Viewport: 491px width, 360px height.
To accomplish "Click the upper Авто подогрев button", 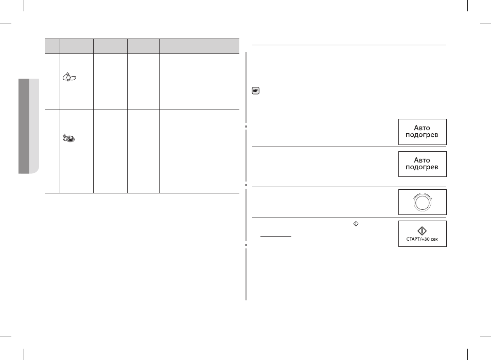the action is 422,132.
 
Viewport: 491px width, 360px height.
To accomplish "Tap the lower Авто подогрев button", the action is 422,164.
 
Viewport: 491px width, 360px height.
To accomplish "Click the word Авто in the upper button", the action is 422,128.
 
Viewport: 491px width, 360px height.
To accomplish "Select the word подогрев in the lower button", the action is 422,167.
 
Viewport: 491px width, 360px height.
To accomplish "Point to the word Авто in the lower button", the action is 422,160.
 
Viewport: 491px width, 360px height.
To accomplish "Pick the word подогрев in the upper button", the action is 422,135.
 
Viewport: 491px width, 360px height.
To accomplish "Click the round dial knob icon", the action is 422,202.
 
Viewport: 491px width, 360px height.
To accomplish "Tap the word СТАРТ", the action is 413,239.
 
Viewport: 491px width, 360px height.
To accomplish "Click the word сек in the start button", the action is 434,239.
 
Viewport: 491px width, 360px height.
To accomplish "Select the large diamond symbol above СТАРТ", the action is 422,231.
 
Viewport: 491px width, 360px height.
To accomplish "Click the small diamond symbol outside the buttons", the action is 356,224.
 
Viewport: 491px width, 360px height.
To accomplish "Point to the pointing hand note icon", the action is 255,91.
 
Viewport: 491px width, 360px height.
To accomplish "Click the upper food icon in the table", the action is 69,77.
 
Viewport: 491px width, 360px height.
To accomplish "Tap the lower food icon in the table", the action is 69,138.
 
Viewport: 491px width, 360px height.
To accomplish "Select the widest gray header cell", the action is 199,46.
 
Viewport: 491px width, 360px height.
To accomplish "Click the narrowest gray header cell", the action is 52,46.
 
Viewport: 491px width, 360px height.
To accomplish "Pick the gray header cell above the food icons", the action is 77,46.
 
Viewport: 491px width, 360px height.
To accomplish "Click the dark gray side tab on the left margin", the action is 24,126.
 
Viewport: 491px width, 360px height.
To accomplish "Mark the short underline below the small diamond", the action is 276,236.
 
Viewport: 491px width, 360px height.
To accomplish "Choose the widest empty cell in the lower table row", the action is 199,151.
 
